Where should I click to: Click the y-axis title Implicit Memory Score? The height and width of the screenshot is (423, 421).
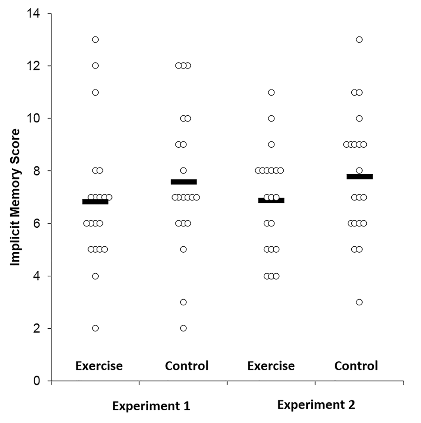15,197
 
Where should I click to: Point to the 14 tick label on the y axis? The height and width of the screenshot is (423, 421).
33,13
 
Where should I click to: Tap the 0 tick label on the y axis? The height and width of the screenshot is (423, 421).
37,381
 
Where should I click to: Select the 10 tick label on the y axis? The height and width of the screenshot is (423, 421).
33,118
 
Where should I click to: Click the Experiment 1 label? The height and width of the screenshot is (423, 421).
151,406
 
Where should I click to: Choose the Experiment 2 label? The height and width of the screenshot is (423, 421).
316,405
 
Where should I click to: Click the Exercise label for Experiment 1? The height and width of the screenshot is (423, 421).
99,366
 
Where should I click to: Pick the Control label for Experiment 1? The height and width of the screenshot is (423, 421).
187,366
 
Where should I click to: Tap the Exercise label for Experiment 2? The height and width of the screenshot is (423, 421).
271,366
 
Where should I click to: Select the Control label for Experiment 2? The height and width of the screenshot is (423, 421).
356,366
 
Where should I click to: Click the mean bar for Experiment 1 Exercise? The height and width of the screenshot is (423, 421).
95,202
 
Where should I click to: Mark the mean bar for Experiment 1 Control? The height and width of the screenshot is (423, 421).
184,182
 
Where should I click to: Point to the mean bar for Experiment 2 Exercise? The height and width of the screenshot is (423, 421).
271,200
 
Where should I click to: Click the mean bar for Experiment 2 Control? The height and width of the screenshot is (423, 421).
360,177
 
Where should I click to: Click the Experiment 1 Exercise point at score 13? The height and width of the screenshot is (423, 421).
95,40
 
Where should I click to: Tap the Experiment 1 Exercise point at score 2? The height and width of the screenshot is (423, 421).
95,328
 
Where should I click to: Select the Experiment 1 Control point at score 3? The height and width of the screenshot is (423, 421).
183,302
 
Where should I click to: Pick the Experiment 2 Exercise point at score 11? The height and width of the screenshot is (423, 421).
271,93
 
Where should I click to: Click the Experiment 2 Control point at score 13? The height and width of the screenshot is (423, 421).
359,40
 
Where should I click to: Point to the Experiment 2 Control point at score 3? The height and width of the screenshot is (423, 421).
359,302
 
